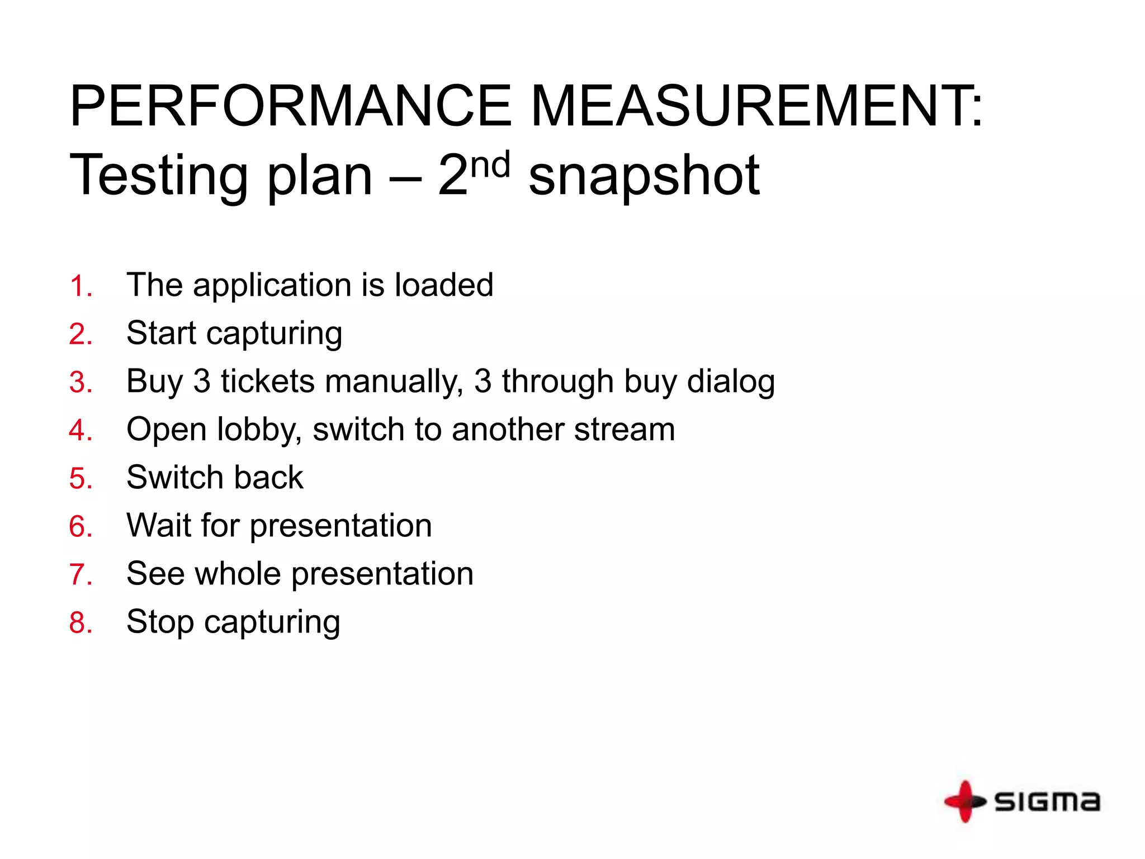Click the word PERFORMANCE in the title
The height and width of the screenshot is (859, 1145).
[x=290, y=106]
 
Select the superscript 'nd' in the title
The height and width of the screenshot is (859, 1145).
[x=490, y=164]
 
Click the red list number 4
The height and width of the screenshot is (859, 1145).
[x=80, y=431]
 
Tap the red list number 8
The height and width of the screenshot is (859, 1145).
[x=80, y=623]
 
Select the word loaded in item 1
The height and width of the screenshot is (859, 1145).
[x=444, y=285]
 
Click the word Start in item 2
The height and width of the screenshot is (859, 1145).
[x=161, y=333]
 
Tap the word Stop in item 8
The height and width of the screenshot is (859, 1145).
[x=160, y=622]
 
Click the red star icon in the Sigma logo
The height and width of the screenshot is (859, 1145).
[x=964, y=801]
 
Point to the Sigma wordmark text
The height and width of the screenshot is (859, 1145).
[x=1047, y=802]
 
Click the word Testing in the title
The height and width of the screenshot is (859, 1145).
[x=158, y=176]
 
